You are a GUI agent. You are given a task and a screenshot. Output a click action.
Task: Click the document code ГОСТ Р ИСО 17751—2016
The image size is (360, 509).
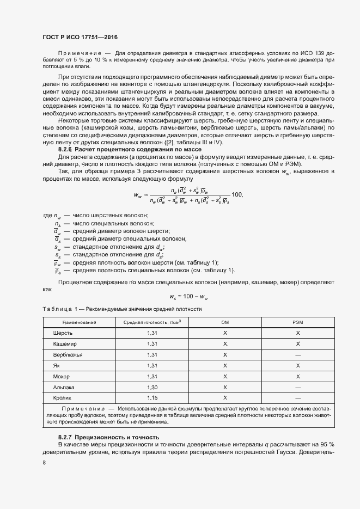(x=80, y=36)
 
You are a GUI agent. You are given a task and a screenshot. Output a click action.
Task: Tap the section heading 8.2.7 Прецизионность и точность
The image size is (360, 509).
(x=108, y=437)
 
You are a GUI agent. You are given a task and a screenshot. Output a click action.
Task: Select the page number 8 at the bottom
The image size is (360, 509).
(x=44, y=463)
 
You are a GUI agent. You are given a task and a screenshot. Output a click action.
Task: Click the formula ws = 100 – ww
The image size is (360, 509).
(x=188, y=296)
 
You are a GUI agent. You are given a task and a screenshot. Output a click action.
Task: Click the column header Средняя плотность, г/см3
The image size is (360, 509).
(x=152, y=322)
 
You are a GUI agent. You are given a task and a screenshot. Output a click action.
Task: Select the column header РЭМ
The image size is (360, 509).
(x=298, y=322)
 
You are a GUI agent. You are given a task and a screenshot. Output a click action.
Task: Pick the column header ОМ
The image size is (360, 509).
(x=225, y=322)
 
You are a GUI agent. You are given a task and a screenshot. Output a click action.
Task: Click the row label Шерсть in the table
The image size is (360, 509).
(x=63, y=333)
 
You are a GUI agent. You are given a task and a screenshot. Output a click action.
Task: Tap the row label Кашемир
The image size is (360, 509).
(x=65, y=344)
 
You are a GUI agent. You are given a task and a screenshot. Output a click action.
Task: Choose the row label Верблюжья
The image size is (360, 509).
(x=68, y=354)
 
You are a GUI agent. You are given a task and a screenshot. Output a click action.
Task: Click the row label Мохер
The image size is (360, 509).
(x=62, y=376)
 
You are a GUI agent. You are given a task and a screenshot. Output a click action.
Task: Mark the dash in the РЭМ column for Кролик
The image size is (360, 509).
(x=298, y=398)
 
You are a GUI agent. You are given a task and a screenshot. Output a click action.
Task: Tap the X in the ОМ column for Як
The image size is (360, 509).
(x=225, y=365)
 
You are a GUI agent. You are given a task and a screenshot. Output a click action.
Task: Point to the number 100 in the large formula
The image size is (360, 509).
(x=236, y=194)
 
